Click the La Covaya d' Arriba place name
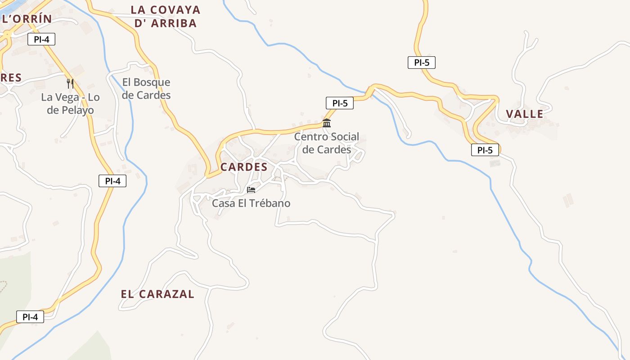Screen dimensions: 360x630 point(166,16)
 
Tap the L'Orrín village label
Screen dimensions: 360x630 point(27,19)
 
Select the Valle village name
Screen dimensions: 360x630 point(525,114)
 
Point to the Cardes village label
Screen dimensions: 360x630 point(244,167)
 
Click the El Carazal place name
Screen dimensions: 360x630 point(157,294)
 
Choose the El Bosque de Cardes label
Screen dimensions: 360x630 point(146,89)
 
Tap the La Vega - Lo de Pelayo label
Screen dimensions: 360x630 point(70,104)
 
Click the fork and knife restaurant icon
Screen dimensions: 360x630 point(70,83)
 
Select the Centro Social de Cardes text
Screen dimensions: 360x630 point(327,143)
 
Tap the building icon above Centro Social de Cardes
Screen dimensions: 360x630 point(327,123)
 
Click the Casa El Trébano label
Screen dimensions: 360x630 point(251,203)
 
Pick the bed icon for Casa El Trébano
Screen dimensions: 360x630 point(251,190)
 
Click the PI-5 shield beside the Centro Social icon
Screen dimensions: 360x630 point(340,103)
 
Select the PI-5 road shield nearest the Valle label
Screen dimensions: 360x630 point(485,150)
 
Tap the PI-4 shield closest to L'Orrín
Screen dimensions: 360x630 point(41,39)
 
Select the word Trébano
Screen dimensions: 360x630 point(269,203)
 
